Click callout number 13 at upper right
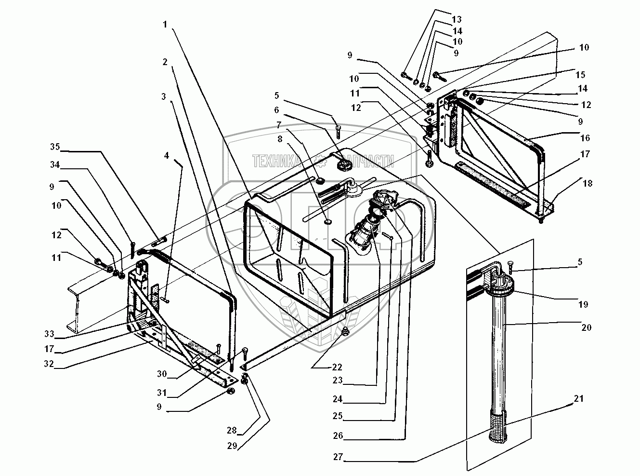click(457, 19)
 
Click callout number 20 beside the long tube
click(586, 327)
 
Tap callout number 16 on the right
click(585, 137)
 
